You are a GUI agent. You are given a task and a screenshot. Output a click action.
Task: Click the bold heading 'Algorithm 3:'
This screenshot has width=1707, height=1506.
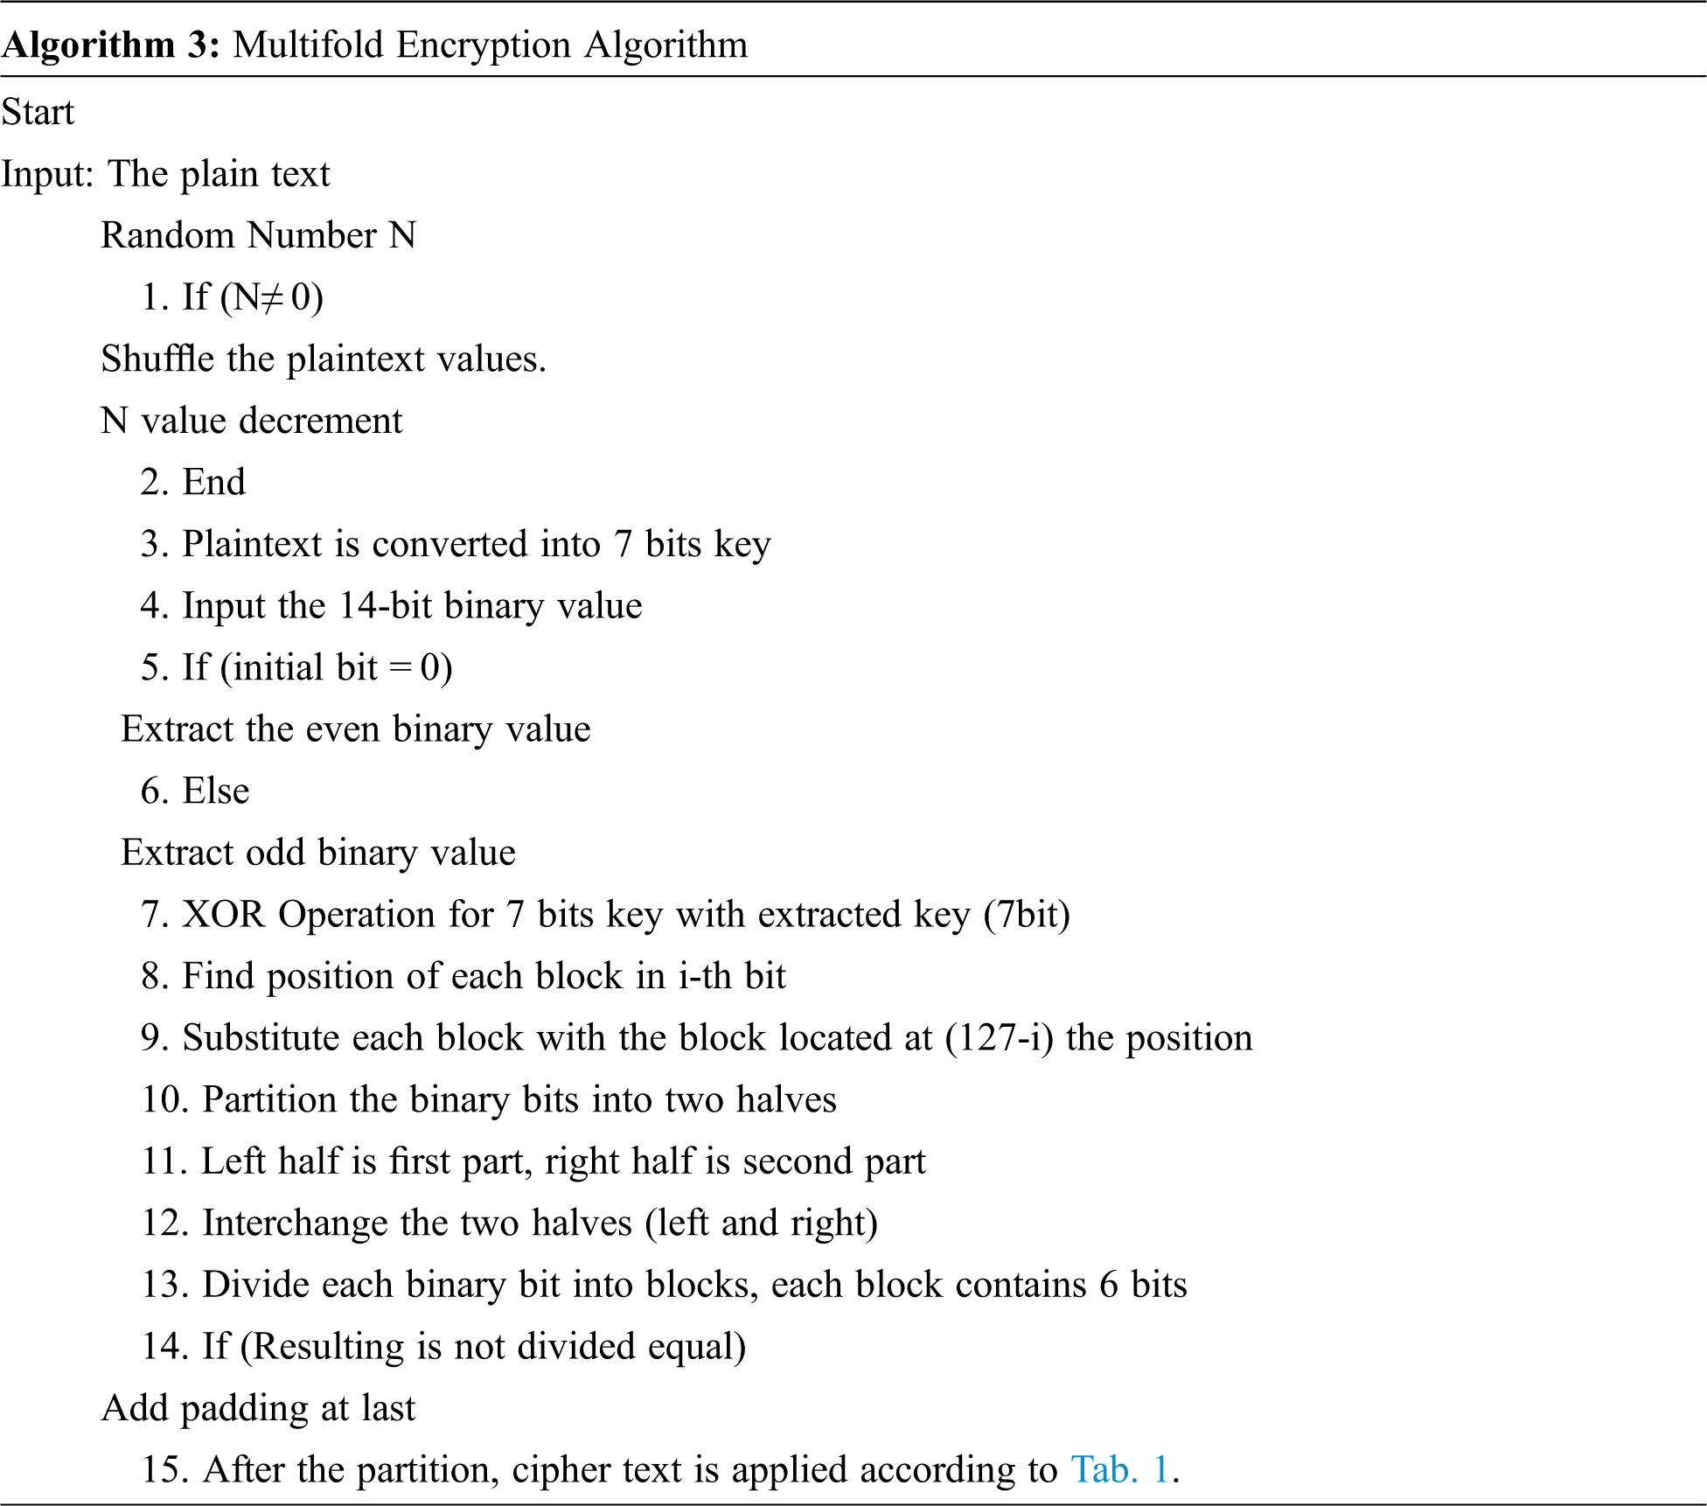111,45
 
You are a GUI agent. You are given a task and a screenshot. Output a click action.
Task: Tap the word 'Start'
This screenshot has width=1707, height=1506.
38,112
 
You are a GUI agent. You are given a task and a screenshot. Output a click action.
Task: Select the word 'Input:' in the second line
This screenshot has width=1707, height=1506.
47,174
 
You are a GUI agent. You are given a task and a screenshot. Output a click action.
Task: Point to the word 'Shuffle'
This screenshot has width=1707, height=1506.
157,359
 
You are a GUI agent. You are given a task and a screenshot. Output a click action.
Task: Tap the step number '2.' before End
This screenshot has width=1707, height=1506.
155,482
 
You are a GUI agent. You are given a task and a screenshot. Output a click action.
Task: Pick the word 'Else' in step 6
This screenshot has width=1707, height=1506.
215,791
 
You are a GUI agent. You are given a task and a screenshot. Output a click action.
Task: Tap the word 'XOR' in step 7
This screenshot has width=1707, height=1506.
223,914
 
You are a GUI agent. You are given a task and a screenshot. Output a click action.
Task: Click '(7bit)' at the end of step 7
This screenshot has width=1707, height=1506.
1026,914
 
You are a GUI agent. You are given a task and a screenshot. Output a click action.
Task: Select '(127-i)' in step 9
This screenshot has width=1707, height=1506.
999,1038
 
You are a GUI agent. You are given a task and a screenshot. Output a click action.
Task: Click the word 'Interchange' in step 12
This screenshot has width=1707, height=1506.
295,1223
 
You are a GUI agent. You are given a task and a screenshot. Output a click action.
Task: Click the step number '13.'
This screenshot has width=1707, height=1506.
165,1285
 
